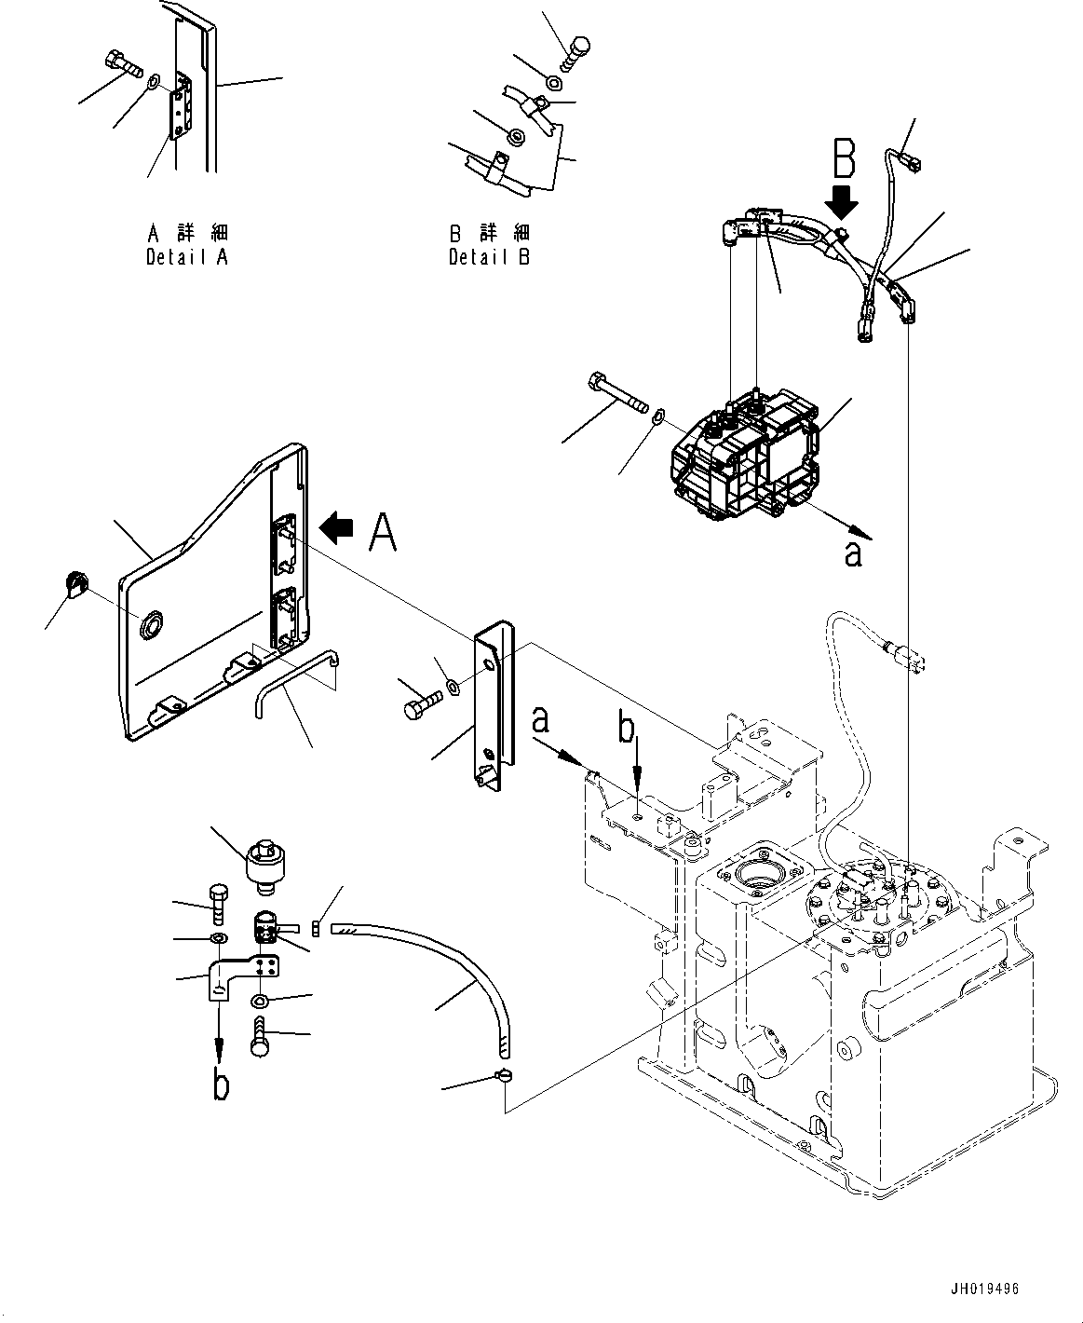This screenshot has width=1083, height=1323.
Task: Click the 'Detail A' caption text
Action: pos(187,256)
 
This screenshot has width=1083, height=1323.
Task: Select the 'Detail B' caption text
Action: pos(489,256)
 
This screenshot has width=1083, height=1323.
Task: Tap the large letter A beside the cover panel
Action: pos(383,531)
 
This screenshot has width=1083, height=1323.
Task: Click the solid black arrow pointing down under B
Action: pos(840,200)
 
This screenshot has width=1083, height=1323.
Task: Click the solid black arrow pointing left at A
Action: pos(336,527)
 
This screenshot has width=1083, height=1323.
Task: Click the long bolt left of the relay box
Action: pos(617,392)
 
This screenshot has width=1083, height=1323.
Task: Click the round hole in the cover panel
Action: pos(152,625)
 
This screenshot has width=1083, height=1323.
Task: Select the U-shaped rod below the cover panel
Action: pos(295,683)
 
